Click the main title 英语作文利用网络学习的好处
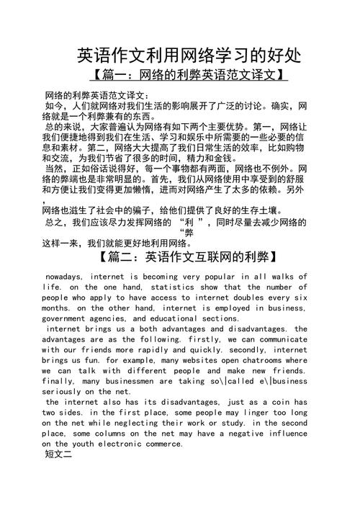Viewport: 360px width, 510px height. pyautogui.click(x=189, y=55)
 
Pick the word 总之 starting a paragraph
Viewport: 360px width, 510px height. pyautogui.click(x=55, y=223)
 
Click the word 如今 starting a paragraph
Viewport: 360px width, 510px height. pyautogui.click(x=55, y=106)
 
